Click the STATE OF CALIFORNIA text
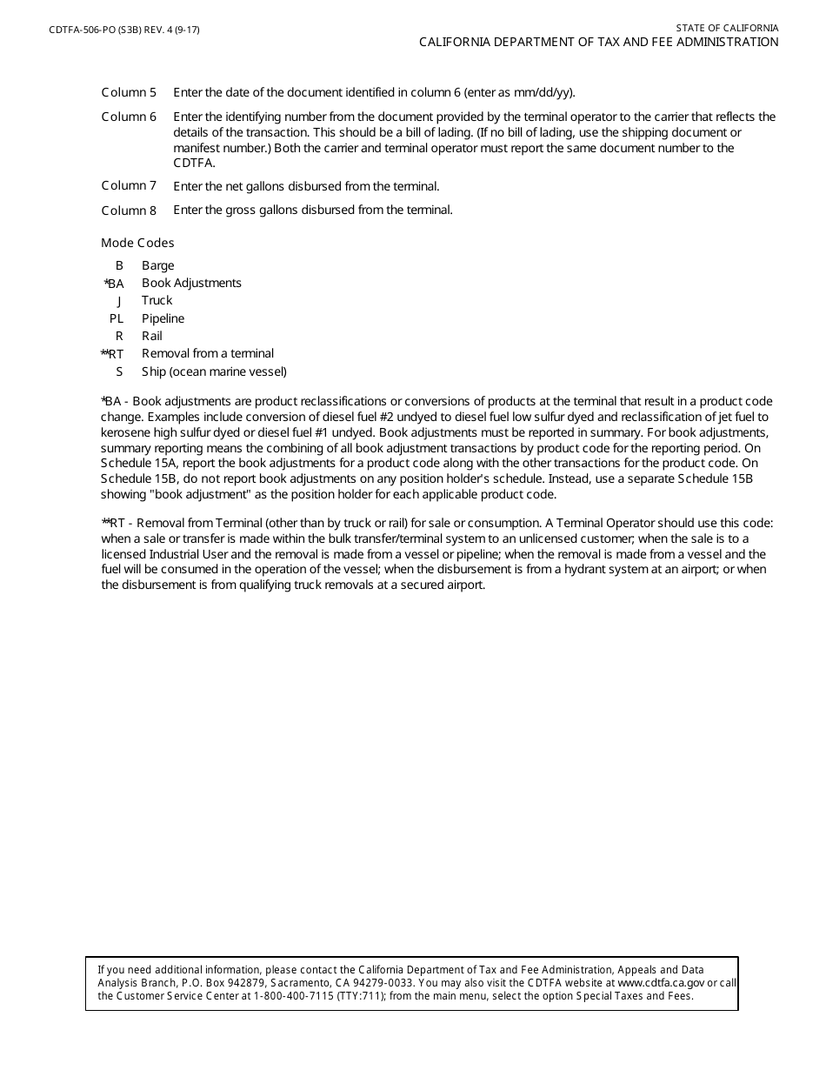pyautogui.click(x=727, y=28)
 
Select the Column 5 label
pyautogui.click(x=129, y=92)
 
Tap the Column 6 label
pyautogui.click(x=129, y=117)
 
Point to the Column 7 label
pyautogui.click(x=129, y=185)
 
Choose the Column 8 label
pyautogui.click(x=129, y=211)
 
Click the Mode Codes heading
pyautogui.click(x=137, y=243)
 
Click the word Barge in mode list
pyautogui.click(x=158, y=265)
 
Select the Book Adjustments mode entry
pyautogui.click(x=191, y=283)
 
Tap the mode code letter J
pyautogui.click(x=119, y=301)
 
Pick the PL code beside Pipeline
pyautogui.click(x=117, y=318)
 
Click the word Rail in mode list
pyautogui.click(x=152, y=336)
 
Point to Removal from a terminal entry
pyautogui.click(x=208, y=353)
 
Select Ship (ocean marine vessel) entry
pyautogui.click(x=214, y=371)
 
